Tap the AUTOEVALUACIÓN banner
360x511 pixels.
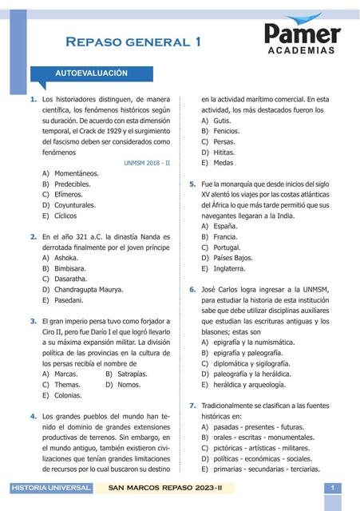[92, 73]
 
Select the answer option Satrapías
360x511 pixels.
[132, 374]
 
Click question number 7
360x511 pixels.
[192, 406]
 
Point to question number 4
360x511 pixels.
[33, 416]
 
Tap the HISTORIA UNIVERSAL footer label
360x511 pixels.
[44, 488]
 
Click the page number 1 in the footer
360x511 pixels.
[331, 488]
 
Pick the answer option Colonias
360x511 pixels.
[68, 395]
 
